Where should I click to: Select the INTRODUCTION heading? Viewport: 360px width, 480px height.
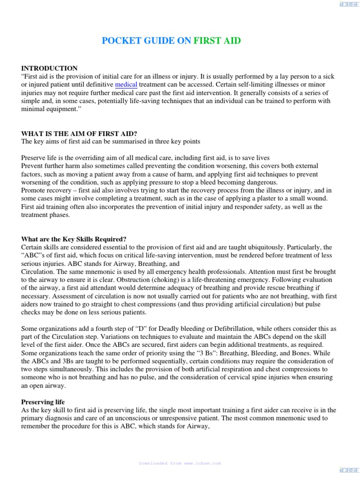coord(49,68)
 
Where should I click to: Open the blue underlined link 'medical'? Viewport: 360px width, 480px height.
coord(126,85)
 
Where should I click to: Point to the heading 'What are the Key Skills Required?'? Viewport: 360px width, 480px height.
coord(74,239)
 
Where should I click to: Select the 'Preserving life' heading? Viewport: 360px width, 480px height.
coord(43,402)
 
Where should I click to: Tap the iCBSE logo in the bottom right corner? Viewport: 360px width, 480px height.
coord(346,469)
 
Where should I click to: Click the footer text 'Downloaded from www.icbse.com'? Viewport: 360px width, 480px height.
coord(180,463)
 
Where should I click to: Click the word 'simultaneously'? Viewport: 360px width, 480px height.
coord(74,369)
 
